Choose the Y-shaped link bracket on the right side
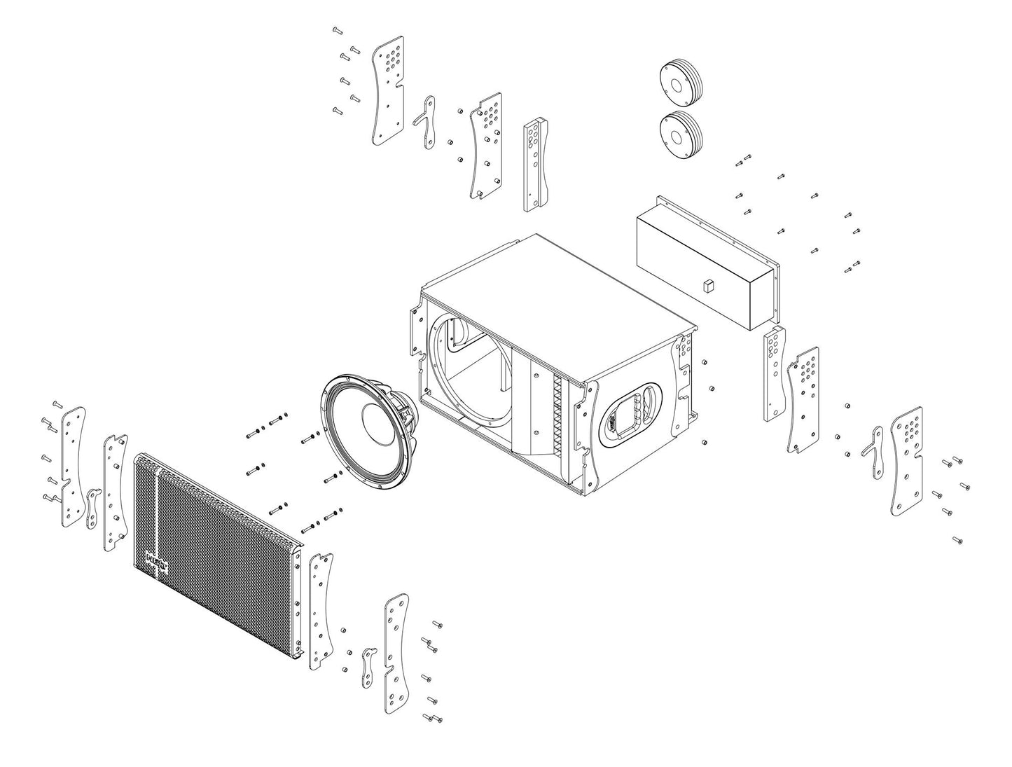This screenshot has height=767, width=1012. click(x=873, y=452)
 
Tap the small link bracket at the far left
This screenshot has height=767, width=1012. click(x=92, y=509)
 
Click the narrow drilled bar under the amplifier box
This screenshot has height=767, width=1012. click(x=773, y=377)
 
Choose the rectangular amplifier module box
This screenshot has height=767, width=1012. click(x=707, y=266)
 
